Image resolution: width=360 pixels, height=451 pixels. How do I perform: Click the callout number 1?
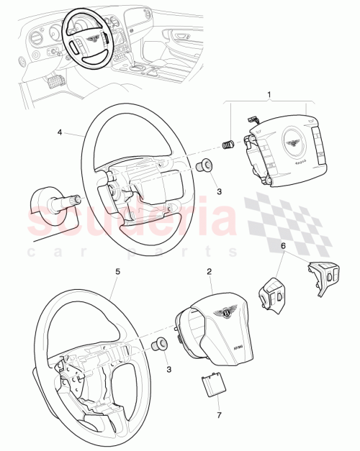pyautogui.click(x=270, y=95)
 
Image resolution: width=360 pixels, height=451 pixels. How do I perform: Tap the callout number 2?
pyautogui.click(x=209, y=272)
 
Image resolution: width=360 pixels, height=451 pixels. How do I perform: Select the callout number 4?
pyautogui.click(x=60, y=132)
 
